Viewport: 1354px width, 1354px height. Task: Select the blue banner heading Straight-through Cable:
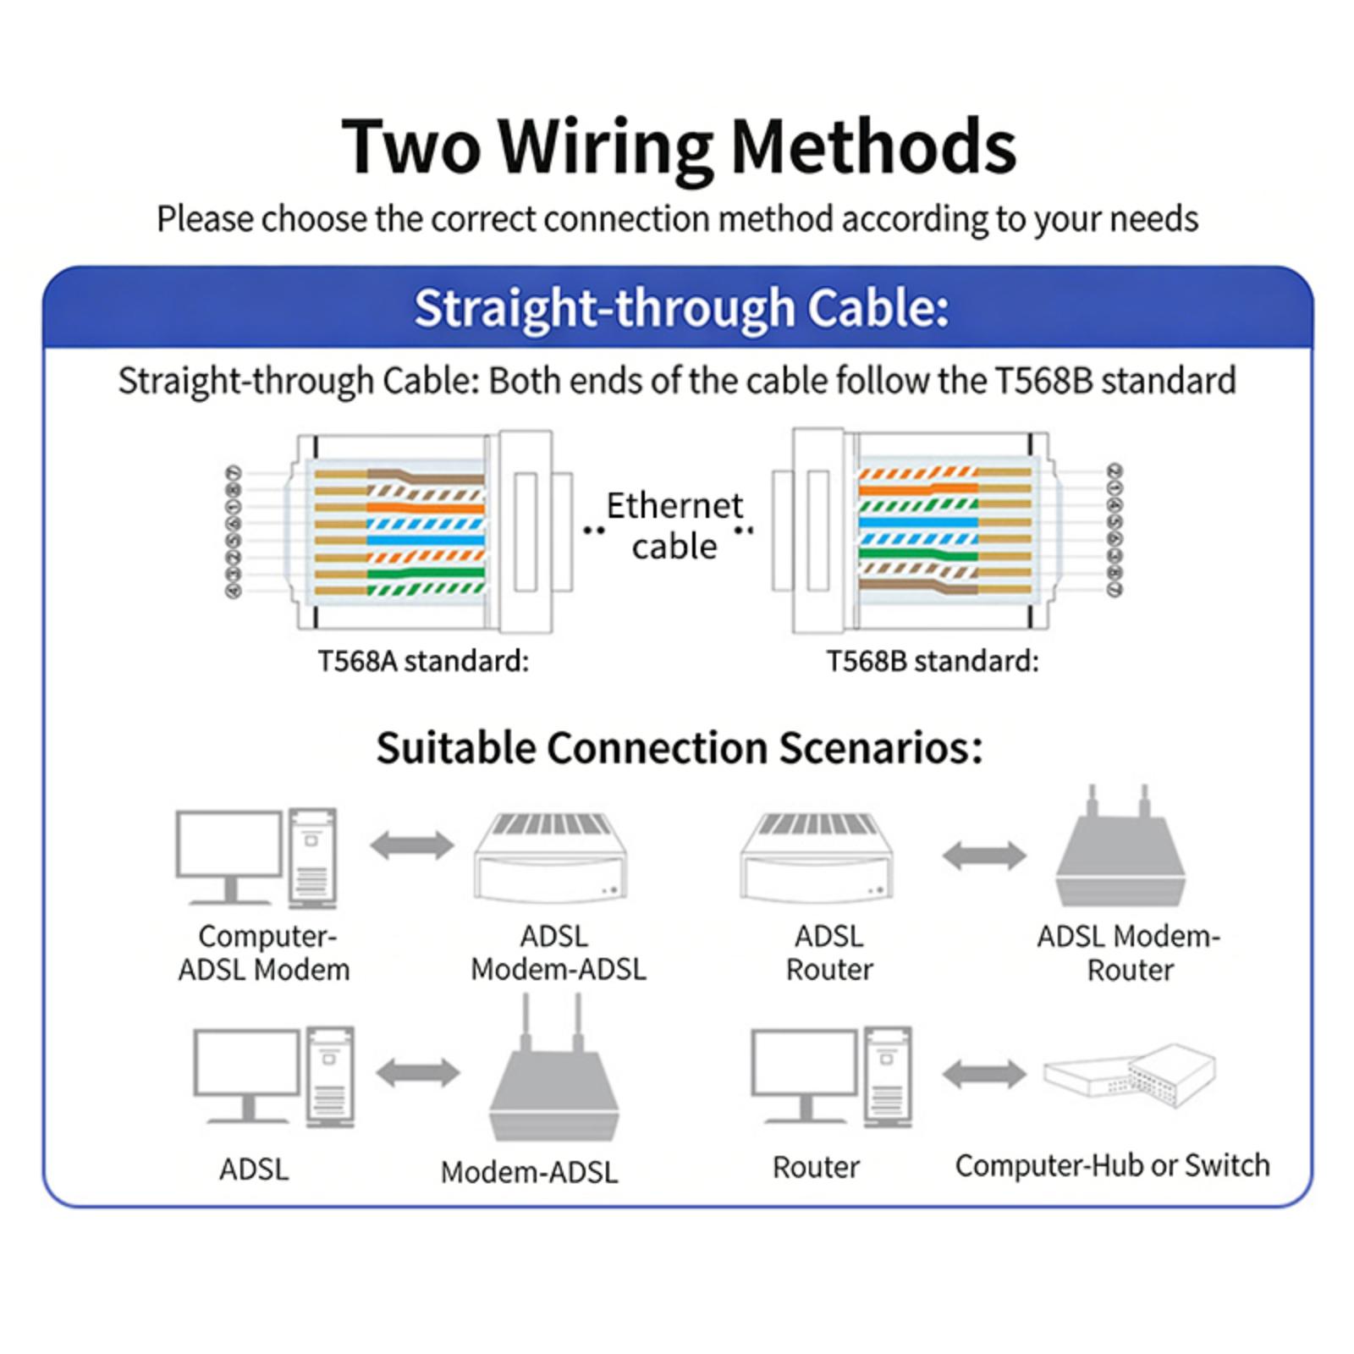click(x=681, y=308)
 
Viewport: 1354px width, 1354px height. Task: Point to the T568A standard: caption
click(x=423, y=661)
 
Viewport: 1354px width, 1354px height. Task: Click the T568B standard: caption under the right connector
click(x=932, y=661)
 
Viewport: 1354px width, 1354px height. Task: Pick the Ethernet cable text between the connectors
click(x=674, y=526)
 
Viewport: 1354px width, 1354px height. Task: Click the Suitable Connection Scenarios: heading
click(x=680, y=748)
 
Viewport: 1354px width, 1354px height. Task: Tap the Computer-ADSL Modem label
click(x=264, y=953)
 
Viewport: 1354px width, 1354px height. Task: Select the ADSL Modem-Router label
click(x=1129, y=953)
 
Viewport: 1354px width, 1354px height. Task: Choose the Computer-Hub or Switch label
click(x=1112, y=1165)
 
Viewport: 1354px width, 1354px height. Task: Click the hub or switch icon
click(x=1131, y=1075)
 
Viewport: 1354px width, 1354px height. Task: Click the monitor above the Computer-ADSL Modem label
click(x=228, y=846)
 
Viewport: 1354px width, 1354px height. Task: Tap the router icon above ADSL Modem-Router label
click(x=1119, y=855)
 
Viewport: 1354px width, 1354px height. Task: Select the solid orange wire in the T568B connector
click(x=918, y=489)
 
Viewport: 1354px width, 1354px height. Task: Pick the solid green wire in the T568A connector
click(x=426, y=574)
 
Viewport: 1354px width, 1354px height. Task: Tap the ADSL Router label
click(x=828, y=953)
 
